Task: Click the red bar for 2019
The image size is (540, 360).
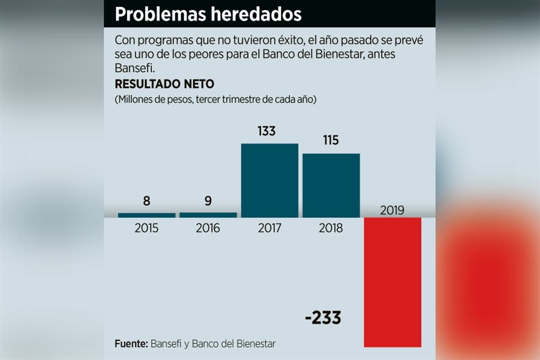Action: point(393,281)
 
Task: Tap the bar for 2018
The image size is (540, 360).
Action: point(331,185)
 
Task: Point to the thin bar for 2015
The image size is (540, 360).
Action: point(147,215)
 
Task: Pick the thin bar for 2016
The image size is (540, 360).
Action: point(208,215)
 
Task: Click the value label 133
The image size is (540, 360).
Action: point(267,131)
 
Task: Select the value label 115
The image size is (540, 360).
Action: point(331,140)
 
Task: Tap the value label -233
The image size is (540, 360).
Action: point(323,318)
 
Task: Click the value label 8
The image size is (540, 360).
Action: point(147,201)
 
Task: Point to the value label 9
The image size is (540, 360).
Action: point(208,201)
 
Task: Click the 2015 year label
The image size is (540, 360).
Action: point(147,228)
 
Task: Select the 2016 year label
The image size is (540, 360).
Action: point(208,228)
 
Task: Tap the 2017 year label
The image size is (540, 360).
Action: point(269,228)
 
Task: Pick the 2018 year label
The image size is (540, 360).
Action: point(331,228)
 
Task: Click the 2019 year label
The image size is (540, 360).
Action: point(393,211)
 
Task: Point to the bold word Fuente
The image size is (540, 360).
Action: point(130,344)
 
